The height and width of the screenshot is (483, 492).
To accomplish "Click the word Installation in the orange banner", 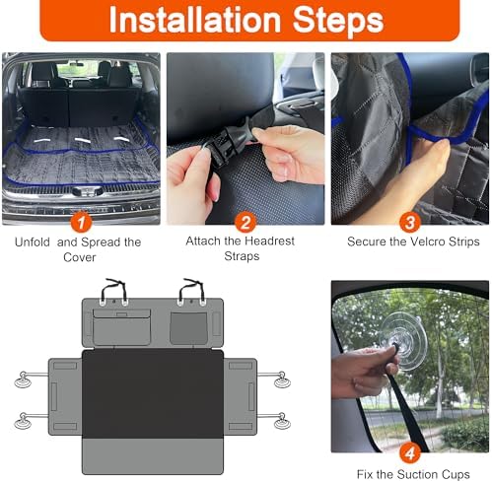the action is [x=194, y=20].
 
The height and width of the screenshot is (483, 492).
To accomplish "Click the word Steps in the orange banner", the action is [x=338, y=21].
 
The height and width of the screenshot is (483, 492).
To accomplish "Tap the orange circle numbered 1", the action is [x=81, y=223].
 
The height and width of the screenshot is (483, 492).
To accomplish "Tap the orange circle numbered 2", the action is [x=246, y=223].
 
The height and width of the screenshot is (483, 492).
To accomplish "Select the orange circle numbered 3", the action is [x=410, y=223].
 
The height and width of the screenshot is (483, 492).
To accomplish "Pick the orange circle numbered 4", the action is [x=410, y=453].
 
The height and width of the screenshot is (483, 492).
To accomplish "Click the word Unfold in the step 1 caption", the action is [x=33, y=242].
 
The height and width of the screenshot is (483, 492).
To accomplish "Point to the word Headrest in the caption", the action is [x=272, y=241].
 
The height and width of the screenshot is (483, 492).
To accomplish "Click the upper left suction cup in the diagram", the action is [x=24, y=379].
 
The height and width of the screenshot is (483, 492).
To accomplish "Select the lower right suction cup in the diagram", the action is [x=282, y=421].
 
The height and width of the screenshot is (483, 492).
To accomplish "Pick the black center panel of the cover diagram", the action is [x=153, y=394].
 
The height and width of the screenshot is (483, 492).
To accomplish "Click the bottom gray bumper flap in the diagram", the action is [x=153, y=456].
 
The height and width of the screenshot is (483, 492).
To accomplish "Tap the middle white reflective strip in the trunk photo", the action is [x=83, y=140].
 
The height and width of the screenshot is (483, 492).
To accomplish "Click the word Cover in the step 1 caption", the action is [x=79, y=257].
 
